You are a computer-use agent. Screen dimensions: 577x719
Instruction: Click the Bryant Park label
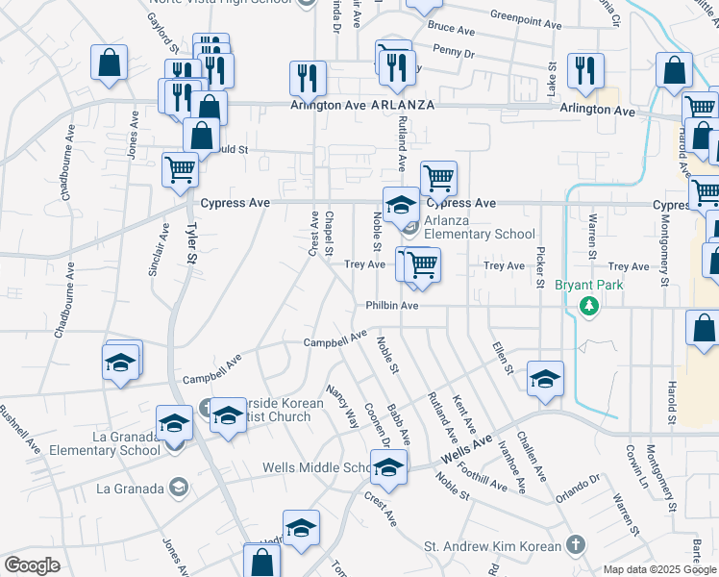[x=589, y=286]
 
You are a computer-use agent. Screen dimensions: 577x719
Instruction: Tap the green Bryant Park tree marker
[x=589, y=307]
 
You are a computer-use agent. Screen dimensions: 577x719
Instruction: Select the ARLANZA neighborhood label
[x=404, y=105]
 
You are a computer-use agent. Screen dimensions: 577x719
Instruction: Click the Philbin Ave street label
[x=391, y=306]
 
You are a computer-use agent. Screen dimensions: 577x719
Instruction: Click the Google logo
[x=32, y=565]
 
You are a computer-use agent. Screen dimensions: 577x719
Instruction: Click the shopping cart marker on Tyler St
[x=180, y=170]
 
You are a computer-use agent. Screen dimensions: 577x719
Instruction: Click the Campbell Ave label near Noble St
[x=335, y=339]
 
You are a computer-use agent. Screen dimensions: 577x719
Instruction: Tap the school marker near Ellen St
[x=545, y=379]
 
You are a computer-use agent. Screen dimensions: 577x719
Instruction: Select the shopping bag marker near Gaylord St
[x=110, y=63]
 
